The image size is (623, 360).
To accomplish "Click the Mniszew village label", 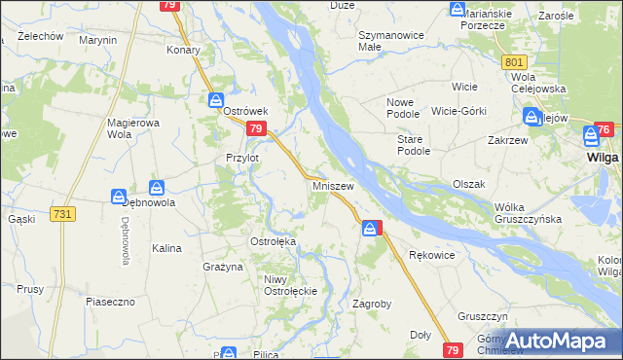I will (333, 185).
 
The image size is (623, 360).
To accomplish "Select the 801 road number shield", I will (516, 61).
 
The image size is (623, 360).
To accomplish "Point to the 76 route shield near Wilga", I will (604, 130).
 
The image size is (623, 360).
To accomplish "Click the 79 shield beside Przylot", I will (256, 128).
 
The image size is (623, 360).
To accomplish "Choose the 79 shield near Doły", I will (452, 348).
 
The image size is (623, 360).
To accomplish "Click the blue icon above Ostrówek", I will (217, 99).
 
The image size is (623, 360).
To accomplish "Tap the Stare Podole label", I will (413, 145).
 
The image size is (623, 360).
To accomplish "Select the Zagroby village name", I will (371, 304).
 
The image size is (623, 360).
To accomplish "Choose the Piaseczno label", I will (109, 302).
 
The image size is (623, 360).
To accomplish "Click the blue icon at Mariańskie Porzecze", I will (458, 10).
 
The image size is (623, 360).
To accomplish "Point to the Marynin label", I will (97, 40).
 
